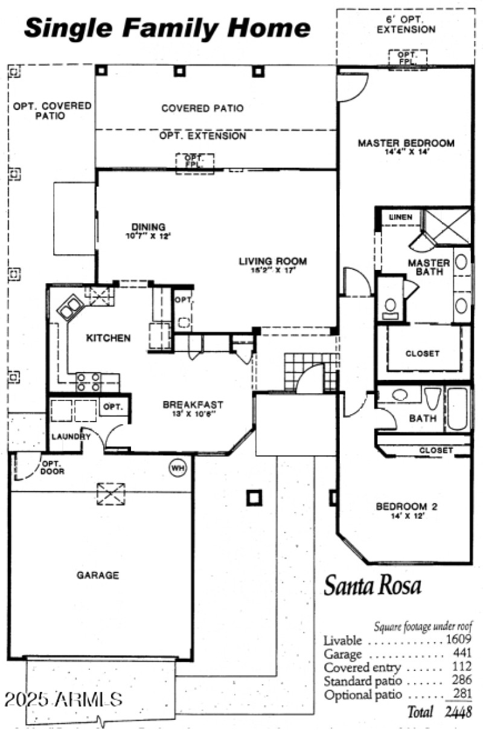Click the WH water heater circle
(x=178, y=467)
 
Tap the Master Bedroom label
(x=406, y=144)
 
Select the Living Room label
(x=273, y=262)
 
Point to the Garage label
(x=98, y=575)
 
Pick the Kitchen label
(x=108, y=338)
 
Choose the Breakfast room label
(x=193, y=405)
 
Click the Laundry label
(x=66, y=436)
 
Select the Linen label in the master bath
(x=401, y=217)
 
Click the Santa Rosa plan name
(x=373, y=585)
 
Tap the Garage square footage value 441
(x=461, y=654)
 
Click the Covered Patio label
(x=202, y=109)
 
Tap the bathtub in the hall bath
(x=457, y=409)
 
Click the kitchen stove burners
(x=88, y=383)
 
